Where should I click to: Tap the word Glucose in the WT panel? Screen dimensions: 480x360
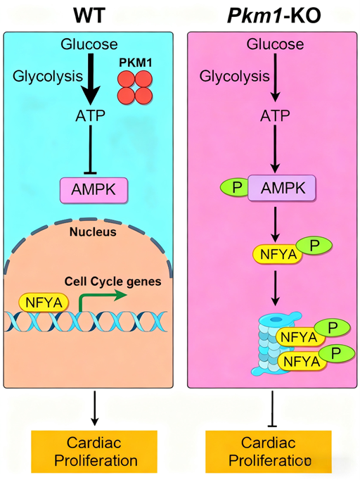coord(89,44)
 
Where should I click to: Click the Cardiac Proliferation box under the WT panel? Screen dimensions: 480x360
coord(94,452)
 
